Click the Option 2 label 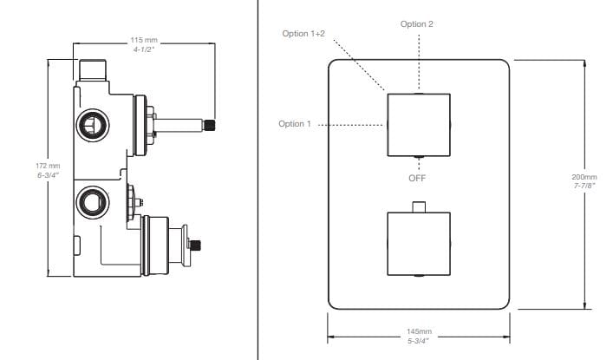click(417, 23)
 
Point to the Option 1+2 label click(303, 33)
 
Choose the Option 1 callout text click(295, 124)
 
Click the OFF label click(417, 178)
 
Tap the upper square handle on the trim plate click(418, 123)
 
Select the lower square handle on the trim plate click(418, 242)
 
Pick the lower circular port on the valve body click(89, 202)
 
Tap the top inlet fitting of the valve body click(92, 68)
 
